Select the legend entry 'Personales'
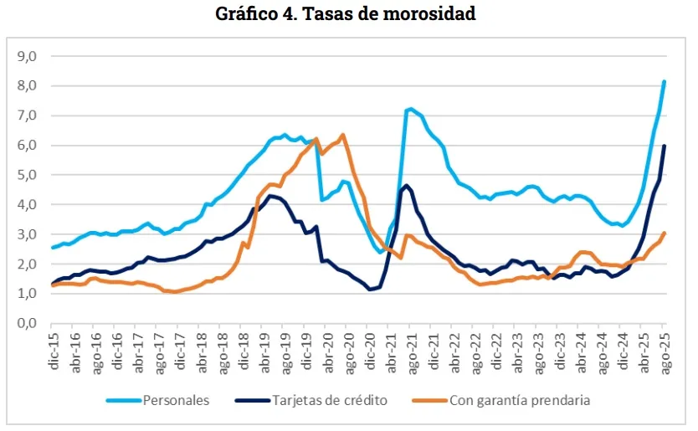[x=176, y=400]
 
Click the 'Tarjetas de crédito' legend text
[x=330, y=400]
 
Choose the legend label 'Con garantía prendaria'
[x=520, y=400]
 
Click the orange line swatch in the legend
[x=429, y=400]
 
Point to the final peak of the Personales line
[x=664, y=81]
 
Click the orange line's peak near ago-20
[x=342, y=135]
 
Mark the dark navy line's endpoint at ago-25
[x=664, y=146]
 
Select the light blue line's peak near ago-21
[x=410, y=109]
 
